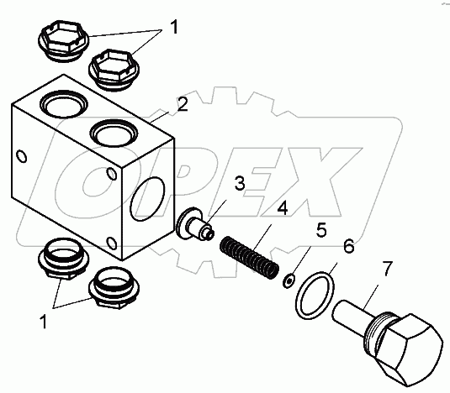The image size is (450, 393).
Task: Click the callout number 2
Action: [183, 105]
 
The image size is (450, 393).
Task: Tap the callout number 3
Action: [240, 183]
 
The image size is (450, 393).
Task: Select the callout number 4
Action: [283, 208]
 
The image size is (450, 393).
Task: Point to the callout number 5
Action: [321, 230]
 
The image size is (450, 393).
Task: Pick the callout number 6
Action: [349, 246]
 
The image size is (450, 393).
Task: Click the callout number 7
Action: [387, 269]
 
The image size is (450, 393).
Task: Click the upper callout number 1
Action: [174, 27]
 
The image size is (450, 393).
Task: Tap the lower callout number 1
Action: [44, 322]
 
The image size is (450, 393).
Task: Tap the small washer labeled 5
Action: [289, 280]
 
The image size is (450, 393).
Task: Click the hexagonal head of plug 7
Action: [409, 349]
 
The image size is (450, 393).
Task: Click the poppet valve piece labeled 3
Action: [195, 224]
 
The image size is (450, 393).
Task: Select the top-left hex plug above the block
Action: [63, 40]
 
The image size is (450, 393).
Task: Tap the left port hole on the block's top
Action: [63, 103]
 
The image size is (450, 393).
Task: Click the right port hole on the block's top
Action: [114, 134]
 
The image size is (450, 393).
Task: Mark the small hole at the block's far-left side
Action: [22, 156]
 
